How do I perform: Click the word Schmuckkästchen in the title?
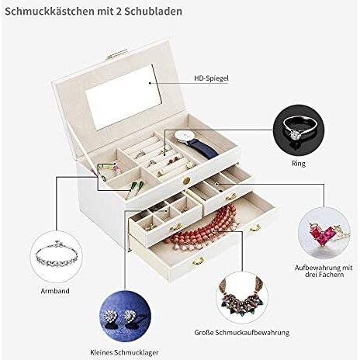[50, 12]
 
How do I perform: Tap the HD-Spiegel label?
[211, 78]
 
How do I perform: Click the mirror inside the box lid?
[123, 97]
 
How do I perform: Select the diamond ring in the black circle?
[299, 130]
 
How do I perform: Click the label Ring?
[299, 164]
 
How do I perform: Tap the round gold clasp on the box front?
[186, 180]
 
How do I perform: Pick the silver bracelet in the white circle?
[57, 256]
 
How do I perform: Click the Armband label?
[55, 291]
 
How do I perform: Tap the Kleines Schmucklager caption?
[124, 352]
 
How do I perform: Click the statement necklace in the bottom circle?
[241, 296]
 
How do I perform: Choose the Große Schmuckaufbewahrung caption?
[242, 333]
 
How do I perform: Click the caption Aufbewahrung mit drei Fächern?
[324, 271]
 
